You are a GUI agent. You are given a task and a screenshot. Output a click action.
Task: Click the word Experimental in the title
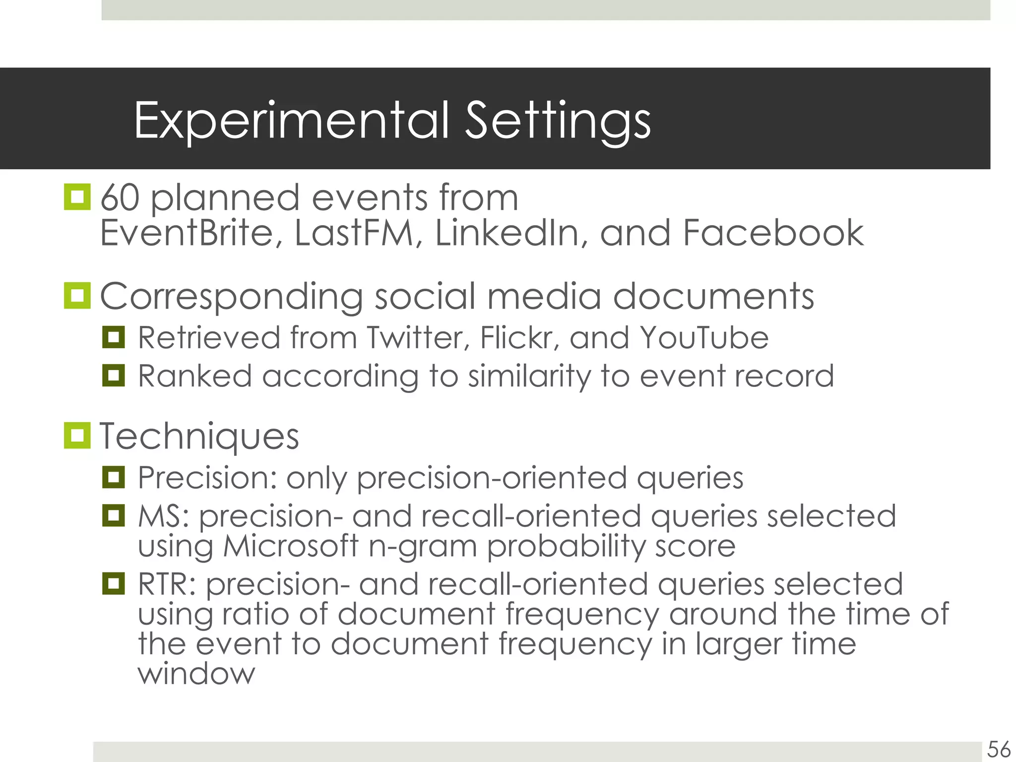(x=291, y=121)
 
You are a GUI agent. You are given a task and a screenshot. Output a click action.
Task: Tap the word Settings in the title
(x=557, y=121)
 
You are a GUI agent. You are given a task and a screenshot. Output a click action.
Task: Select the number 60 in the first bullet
(x=120, y=198)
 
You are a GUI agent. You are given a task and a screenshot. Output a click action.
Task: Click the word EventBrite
(x=187, y=233)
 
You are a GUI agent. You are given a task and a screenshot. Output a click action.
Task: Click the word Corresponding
(x=231, y=297)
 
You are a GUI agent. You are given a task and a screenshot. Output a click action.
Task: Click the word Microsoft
(x=290, y=546)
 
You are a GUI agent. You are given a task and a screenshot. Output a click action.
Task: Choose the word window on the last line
(x=196, y=674)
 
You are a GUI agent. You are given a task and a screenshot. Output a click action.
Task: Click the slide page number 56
(x=998, y=749)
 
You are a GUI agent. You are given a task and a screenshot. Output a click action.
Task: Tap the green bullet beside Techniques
(x=77, y=436)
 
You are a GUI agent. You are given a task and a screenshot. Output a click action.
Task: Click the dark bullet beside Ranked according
(x=113, y=376)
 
